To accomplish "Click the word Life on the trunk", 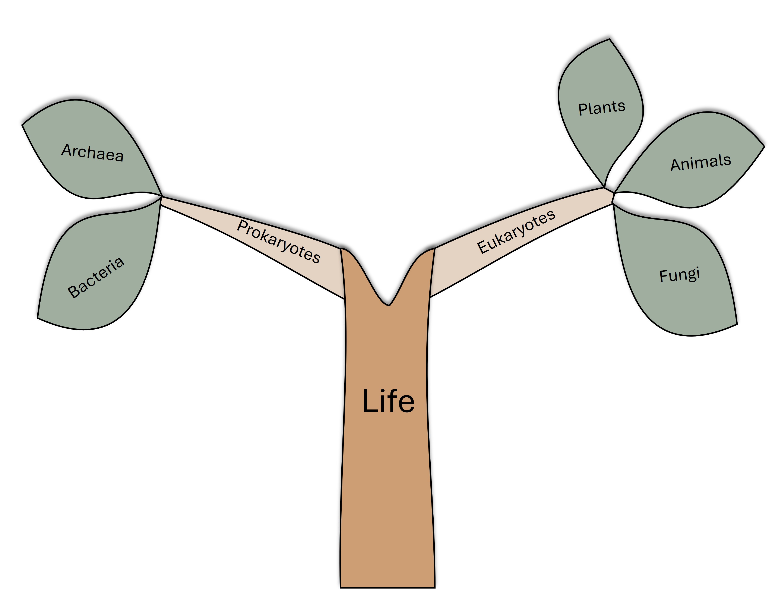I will (x=388, y=401).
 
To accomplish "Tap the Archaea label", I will (x=93, y=153).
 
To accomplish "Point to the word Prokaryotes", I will (x=279, y=241).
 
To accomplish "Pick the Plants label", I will (x=601, y=108).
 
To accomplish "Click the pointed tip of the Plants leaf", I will (x=609, y=39).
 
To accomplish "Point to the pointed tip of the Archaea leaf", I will (x=22, y=124).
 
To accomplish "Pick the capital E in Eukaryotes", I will (x=483, y=247).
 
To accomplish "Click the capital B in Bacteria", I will (x=74, y=291).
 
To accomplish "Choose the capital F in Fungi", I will (x=664, y=276).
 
